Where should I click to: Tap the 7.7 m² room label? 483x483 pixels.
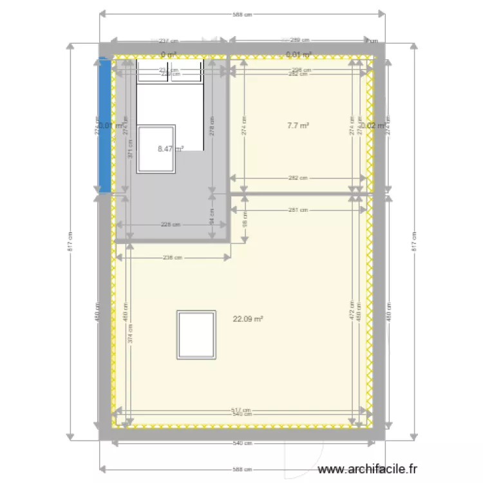point(298,126)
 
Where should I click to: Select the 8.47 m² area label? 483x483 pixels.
point(171,149)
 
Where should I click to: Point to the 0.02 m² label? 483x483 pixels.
point(374,126)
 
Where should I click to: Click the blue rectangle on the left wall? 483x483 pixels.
point(103,125)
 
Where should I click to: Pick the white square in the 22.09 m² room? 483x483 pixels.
point(196,334)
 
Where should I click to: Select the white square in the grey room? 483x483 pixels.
point(156,148)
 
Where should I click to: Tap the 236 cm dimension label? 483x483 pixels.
point(173,257)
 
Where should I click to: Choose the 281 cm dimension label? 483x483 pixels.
point(298,210)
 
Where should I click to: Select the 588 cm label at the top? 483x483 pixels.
point(241,15)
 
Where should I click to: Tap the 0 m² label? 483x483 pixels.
point(168,55)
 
